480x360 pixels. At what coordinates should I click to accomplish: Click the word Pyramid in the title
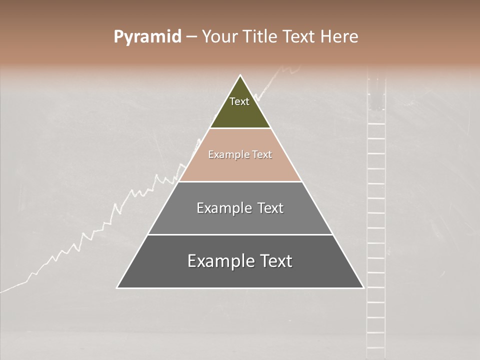point(147,37)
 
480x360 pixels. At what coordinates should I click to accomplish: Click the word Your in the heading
point(219,37)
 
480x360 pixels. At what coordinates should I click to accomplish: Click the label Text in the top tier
point(239,101)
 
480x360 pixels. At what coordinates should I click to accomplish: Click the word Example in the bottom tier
point(220,261)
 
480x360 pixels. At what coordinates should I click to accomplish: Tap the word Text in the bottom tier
point(276,261)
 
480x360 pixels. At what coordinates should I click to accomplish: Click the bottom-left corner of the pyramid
point(117,287)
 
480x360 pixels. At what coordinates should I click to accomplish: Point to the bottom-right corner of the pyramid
point(363,287)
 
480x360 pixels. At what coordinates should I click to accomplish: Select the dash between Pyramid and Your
point(191,37)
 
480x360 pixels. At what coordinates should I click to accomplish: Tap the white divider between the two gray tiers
point(240,234)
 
